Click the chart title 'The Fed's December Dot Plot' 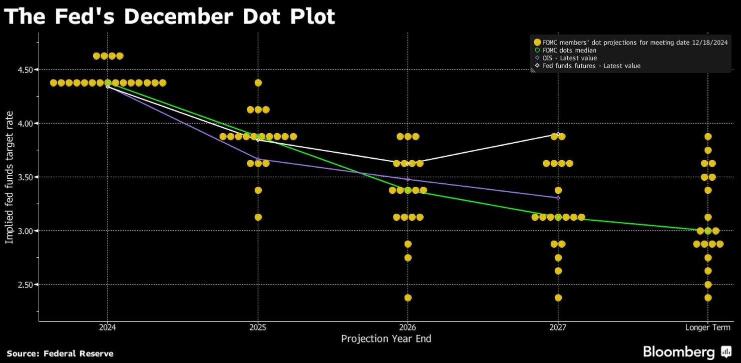pyautogui.click(x=169, y=17)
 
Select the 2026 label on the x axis pyautogui.click(x=408, y=327)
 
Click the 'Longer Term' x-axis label pyautogui.click(x=707, y=327)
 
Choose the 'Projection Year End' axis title pyautogui.click(x=386, y=339)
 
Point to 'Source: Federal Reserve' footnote pyautogui.click(x=60, y=353)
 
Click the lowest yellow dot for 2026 pyautogui.click(x=408, y=298)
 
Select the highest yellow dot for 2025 pyautogui.click(x=258, y=83)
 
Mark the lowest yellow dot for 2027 pyautogui.click(x=558, y=298)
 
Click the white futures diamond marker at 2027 pyautogui.click(x=558, y=134)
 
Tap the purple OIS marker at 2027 pyautogui.click(x=558, y=198)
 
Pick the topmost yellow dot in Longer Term pyautogui.click(x=707, y=136)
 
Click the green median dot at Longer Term pyautogui.click(x=707, y=231)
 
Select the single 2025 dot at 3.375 pyautogui.click(x=258, y=190)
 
